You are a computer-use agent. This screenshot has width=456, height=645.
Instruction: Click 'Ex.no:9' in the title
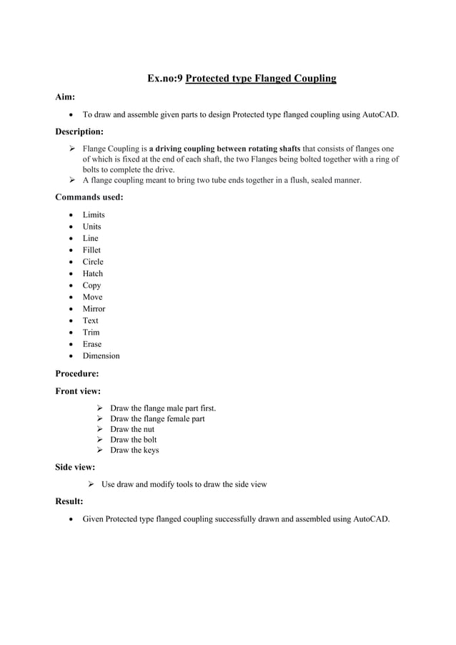(164, 78)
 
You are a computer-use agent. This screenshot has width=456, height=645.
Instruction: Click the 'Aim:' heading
(66, 97)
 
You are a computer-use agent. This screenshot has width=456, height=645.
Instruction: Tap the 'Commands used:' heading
(89, 197)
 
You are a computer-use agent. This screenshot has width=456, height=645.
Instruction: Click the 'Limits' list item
(94, 215)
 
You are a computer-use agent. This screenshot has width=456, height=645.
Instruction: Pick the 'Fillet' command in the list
(91, 250)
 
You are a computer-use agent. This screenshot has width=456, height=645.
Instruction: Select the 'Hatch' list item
(93, 273)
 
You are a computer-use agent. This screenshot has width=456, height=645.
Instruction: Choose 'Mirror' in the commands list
(94, 308)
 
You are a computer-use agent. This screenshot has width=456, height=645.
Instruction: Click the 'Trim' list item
(91, 332)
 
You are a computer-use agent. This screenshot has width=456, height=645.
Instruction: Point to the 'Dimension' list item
(101, 355)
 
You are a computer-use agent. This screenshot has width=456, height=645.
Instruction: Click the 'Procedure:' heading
(77, 373)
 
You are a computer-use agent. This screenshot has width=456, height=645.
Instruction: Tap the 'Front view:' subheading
(78, 391)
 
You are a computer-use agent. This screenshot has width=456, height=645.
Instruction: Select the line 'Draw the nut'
(132, 429)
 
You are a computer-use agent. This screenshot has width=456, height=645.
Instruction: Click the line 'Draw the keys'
(134, 450)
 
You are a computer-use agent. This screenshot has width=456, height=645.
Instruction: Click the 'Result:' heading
(69, 501)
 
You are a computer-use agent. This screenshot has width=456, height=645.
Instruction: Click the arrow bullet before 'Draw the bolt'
(100, 440)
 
